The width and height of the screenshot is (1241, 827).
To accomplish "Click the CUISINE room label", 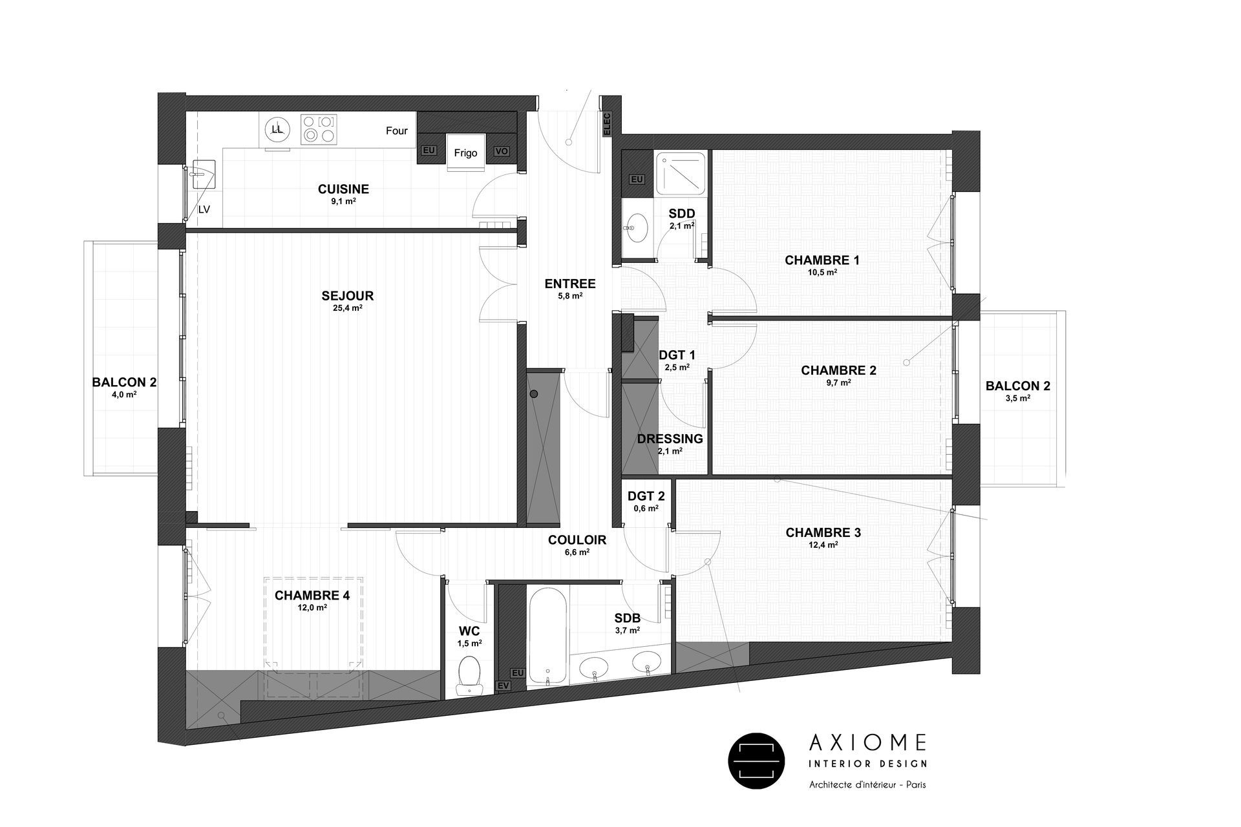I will click(x=343, y=189).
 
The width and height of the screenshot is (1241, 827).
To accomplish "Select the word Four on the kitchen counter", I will click(x=397, y=131).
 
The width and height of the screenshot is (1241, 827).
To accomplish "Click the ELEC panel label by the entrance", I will click(x=606, y=123).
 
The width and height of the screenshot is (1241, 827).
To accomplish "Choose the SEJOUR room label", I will click(x=348, y=297).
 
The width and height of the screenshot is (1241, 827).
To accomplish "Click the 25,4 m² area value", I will click(x=348, y=309).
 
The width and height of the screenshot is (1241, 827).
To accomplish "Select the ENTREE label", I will click(x=569, y=284).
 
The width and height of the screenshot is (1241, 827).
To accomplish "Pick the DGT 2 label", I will click(x=646, y=497).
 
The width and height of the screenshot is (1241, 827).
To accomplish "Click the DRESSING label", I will click(x=670, y=439).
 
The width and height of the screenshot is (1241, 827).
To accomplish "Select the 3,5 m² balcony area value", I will click(x=1017, y=399).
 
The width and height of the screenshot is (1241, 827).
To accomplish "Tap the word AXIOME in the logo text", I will click(x=867, y=742).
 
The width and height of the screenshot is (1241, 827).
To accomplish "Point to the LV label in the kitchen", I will click(x=204, y=209).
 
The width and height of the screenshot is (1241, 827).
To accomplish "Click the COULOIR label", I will click(x=577, y=540).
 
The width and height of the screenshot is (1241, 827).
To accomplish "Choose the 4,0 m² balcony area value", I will click(x=124, y=394).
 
